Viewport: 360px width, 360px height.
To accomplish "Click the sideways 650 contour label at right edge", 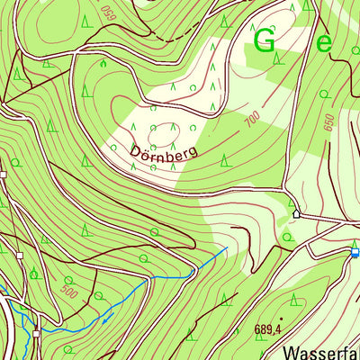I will [329, 122].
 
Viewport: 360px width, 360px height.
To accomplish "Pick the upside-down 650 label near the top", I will [109, 12].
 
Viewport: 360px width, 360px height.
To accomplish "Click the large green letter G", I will [265, 40].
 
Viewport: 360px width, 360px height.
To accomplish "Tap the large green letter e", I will [324, 41].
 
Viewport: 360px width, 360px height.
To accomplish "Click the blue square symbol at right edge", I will [355, 253].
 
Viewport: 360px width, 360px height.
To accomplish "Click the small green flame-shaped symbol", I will [103, 63].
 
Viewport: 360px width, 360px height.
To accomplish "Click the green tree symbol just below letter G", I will [278, 60].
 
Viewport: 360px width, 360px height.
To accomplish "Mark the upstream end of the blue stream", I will [225, 248].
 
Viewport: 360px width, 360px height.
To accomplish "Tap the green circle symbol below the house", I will [288, 236].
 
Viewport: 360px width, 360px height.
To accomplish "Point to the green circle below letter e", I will [324, 93].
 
